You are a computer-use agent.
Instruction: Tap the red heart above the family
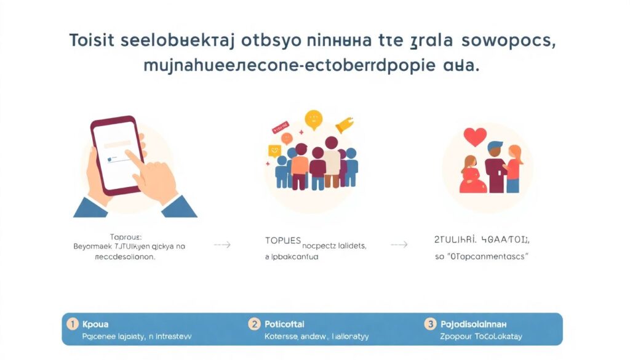tap(474, 137)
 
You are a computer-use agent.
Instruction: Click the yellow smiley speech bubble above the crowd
tap(314, 118)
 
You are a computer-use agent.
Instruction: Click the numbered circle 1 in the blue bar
tap(73, 323)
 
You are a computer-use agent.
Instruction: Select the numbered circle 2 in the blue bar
tap(253, 323)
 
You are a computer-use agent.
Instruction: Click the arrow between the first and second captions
tap(222, 245)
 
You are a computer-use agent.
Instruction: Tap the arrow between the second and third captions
tap(399, 245)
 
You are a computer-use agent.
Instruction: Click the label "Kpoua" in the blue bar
tap(95, 324)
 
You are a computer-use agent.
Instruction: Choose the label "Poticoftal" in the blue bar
tap(284, 324)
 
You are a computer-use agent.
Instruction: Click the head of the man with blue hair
tap(495, 149)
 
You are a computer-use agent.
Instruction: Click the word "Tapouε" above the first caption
tap(125, 236)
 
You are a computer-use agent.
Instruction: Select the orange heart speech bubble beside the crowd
tap(274, 150)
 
